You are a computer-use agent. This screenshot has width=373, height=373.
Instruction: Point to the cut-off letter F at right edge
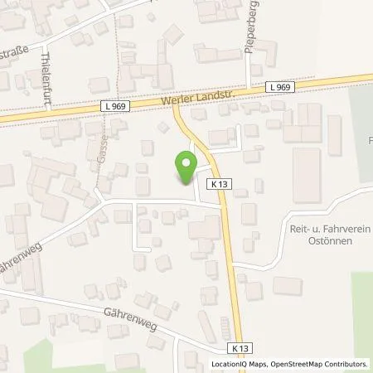[370, 141]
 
